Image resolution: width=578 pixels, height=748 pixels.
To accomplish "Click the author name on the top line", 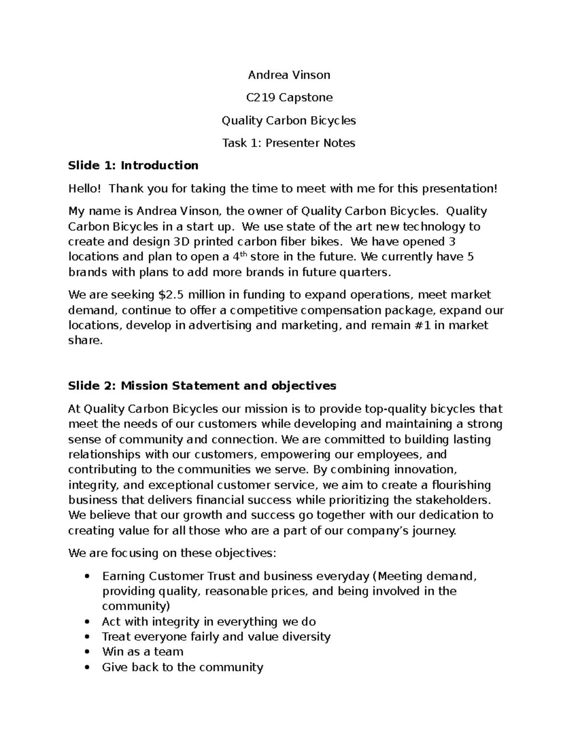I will tap(289, 75).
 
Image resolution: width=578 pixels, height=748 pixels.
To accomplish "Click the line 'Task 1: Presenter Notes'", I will tap(289, 143).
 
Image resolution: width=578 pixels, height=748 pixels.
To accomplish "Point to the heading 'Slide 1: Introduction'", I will tap(133, 166).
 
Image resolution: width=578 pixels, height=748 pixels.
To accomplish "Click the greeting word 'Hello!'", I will tap(85, 188).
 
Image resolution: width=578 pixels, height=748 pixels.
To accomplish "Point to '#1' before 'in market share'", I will tap(423, 325).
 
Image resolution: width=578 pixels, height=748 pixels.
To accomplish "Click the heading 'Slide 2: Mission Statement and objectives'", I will tap(202, 386).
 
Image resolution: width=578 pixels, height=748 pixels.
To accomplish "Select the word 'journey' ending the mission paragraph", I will tap(433, 530).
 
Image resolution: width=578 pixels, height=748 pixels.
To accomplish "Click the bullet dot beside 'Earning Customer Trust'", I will tap(87, 577).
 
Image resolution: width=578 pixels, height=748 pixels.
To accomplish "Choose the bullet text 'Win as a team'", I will tap(143, 652).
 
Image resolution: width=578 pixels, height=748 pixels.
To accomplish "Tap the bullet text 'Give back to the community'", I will tap(183, 667).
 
